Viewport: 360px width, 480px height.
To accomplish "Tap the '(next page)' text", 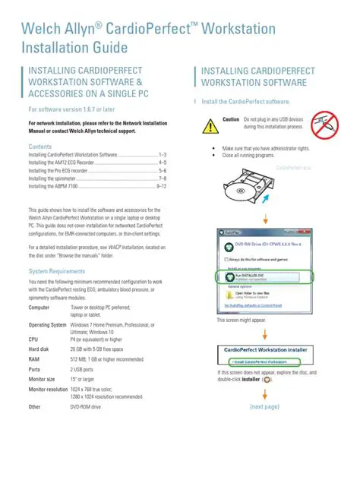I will [264, 407].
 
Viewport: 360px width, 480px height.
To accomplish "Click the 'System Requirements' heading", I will [56, 271].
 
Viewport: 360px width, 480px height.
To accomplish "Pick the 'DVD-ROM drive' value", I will [85, 407].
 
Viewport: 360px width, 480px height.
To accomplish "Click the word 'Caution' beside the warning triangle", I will [231, 119].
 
